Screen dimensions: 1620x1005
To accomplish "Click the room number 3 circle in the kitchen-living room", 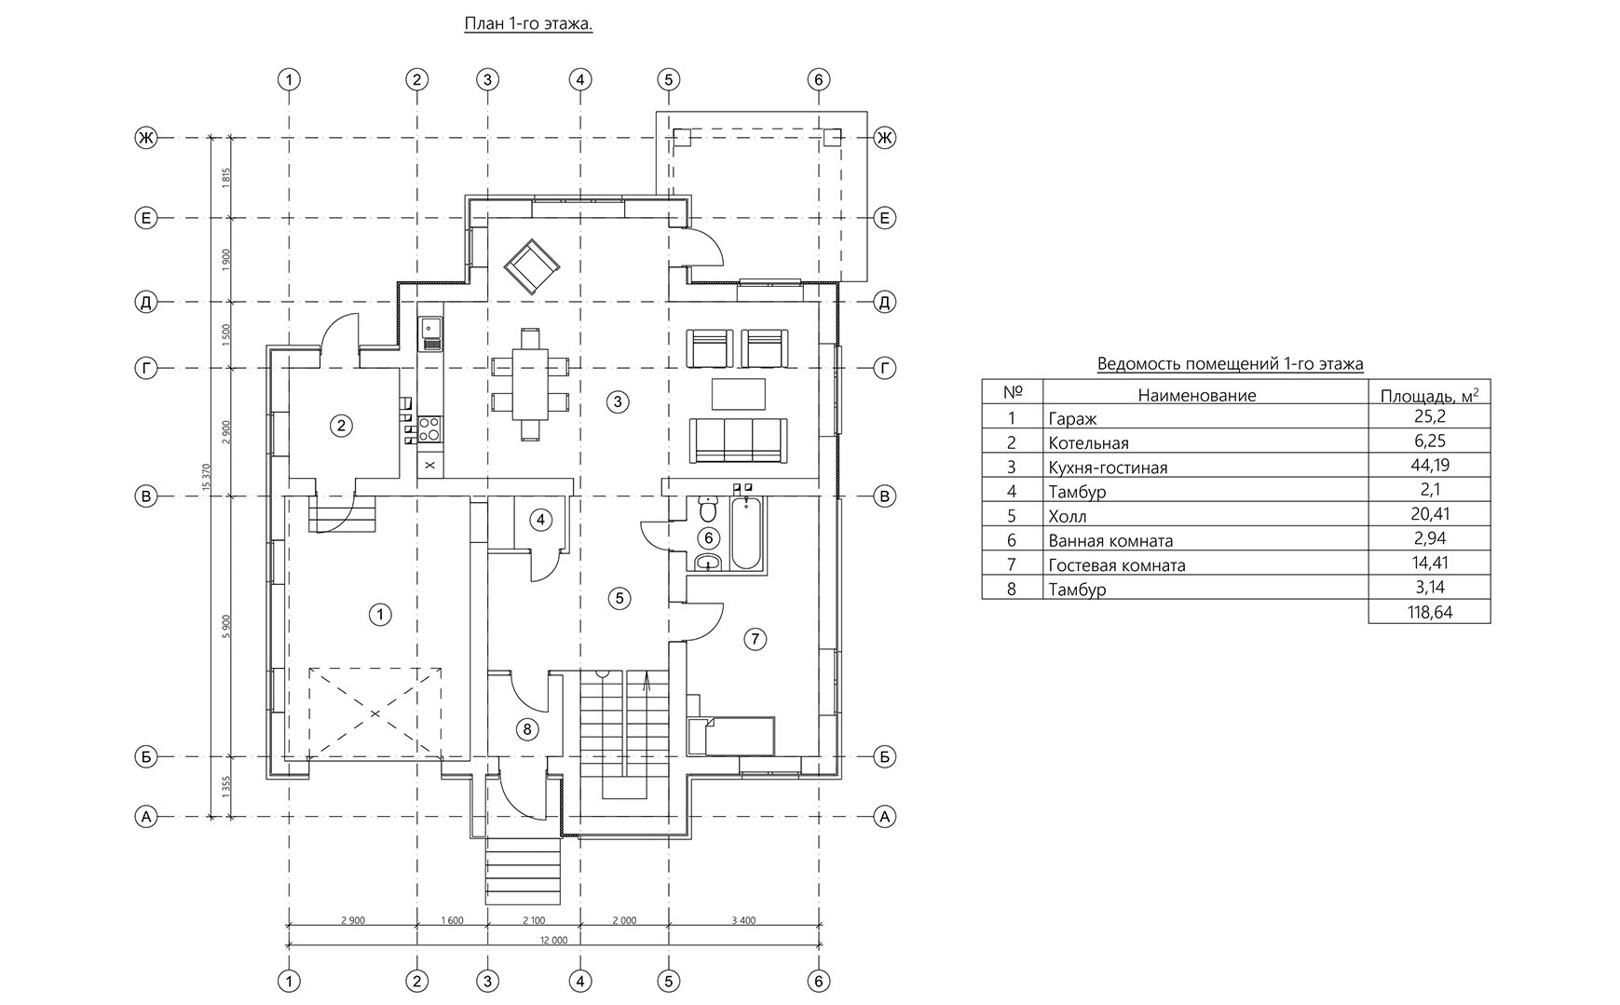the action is (617, 401).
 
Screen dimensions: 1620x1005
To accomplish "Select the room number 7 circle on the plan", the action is (755, 638).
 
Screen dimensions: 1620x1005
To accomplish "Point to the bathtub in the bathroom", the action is (746, 533).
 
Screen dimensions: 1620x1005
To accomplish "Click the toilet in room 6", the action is (707, 509).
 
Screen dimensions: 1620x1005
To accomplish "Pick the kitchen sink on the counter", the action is (430, 332).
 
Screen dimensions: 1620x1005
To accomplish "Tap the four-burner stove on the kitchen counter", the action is (429, 428).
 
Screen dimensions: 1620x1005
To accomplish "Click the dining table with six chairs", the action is (530, 382).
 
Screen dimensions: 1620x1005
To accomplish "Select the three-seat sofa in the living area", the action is (738, 441).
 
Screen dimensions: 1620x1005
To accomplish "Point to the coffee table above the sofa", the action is (739, 394).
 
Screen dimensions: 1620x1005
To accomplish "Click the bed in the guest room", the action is (731, 736).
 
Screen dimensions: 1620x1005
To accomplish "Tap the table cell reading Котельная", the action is (1087, 443).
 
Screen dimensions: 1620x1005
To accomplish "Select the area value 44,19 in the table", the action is (1430, 465).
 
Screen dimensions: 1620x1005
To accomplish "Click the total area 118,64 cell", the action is (1430, 612).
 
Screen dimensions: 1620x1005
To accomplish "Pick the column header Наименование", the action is (1197, 395).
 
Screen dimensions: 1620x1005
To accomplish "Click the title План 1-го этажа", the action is (528, 23).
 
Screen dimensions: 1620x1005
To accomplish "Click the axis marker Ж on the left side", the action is (145, 138).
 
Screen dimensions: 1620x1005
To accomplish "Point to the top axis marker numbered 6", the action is (818, 79).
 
